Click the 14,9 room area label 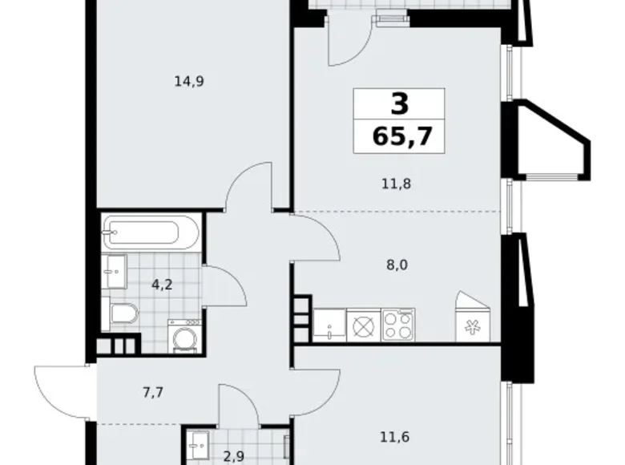tap(188, 80)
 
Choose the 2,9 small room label tap(233, 456)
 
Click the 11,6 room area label tap(392, 437)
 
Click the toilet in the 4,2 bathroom tap(123, 315)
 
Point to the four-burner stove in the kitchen tap(398, 325)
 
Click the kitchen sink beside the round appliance tap(329, 325)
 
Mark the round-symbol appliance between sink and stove tap(363, 325)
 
